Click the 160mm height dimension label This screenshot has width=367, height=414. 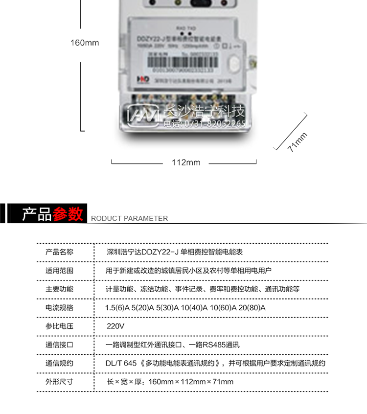[85, 43]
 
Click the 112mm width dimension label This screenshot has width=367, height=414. [186, 162]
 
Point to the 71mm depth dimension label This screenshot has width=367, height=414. [297, 142]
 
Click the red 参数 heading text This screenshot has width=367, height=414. [68, 214]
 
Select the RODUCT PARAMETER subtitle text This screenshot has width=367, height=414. [130, 219]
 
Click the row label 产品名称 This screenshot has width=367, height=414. [60, 252]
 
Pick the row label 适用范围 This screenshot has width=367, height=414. [60, 270]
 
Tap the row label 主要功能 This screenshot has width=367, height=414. [60, 289]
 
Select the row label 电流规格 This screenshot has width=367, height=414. [60, 307]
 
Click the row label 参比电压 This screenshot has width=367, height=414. [60, 326]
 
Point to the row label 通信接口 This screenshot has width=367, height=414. [60, 345]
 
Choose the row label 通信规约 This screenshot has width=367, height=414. [60, 363]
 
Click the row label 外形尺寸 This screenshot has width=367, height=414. [60, 381]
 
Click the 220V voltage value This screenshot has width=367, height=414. [116, 326]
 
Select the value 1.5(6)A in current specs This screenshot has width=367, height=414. [117, 308]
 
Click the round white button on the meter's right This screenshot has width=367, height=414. [234, 64]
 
